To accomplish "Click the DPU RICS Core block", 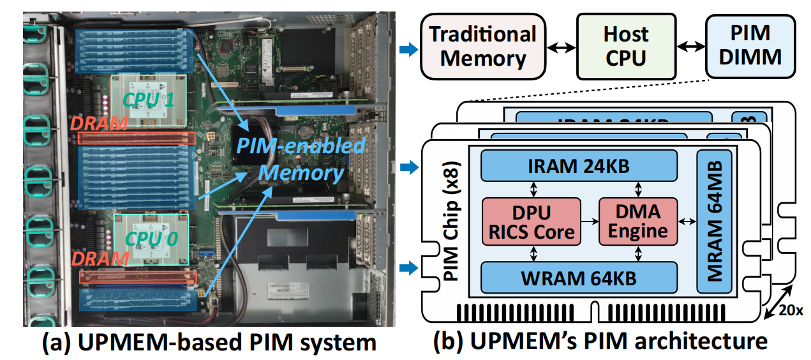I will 531,221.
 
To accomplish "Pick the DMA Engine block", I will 637,221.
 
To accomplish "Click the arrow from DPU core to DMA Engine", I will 590,221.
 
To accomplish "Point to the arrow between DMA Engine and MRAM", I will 687,221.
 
